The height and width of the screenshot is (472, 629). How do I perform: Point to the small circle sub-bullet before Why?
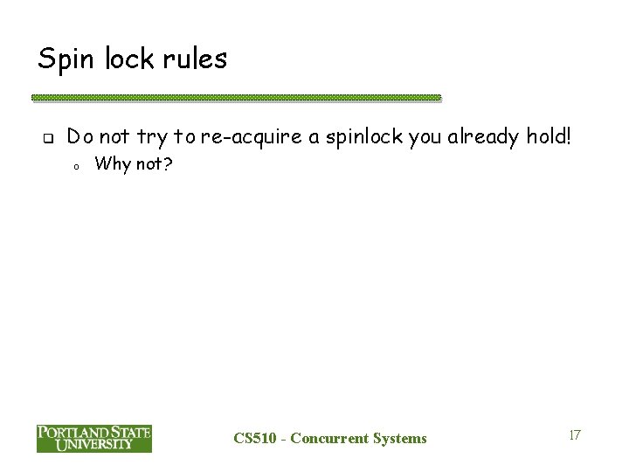point(77,166)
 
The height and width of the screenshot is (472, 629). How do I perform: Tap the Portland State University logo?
point(93,438)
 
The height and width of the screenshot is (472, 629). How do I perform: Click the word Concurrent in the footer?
point(329,438)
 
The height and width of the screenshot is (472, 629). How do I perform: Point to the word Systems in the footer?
point(398,438)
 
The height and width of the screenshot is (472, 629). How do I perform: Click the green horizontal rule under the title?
point(236,98)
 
